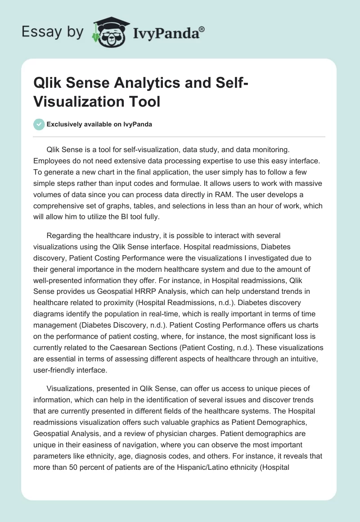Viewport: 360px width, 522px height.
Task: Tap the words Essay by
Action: [53, 32]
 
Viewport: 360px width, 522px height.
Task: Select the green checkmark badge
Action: [39, 124]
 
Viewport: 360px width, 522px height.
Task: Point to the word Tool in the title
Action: [145, 101]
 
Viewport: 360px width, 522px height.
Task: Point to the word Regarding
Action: [63, 235]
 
